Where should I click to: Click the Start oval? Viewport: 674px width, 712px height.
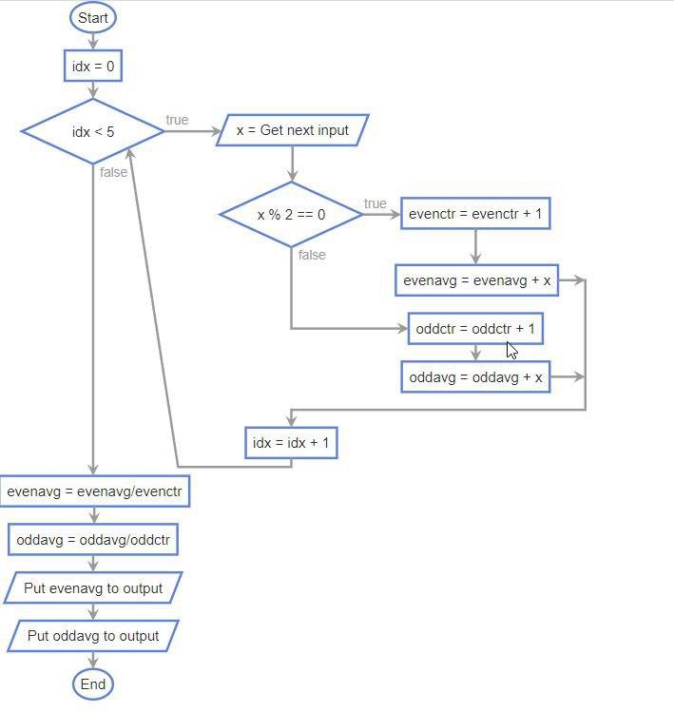pos(93,18)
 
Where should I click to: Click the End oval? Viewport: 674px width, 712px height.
pos(93,683)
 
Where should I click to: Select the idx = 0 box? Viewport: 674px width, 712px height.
pos(93,66)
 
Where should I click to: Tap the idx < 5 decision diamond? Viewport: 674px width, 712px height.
pos(93,131)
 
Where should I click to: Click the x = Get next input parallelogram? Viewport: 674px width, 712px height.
pos(292,130)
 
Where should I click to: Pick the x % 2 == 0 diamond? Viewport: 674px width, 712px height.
pos(291,215)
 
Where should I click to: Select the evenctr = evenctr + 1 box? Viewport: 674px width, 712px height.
pos(475,214)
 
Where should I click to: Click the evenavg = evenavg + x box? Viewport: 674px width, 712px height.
pos(476,280)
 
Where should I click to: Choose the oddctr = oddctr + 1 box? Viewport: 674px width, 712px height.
pos(475,329)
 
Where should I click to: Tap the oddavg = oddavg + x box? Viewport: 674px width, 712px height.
pos(475,377)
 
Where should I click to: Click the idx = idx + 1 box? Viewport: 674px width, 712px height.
pos(291,443)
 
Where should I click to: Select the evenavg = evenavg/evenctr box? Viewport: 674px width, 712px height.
pos(94,491)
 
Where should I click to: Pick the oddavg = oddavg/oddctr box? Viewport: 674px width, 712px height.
pos(93,540)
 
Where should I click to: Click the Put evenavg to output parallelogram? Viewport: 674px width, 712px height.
pos(93,588)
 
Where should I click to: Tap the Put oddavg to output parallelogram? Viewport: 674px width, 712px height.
pos(93,636)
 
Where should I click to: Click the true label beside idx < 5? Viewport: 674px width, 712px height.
pos(177,120)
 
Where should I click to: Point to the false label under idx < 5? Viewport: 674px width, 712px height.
pos(113,172)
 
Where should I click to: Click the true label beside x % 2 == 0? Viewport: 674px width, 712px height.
pos(375,203)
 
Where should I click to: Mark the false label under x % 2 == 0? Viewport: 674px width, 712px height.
pos(312,255)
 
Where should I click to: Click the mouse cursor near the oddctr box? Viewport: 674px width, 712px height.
pos(511,350)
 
